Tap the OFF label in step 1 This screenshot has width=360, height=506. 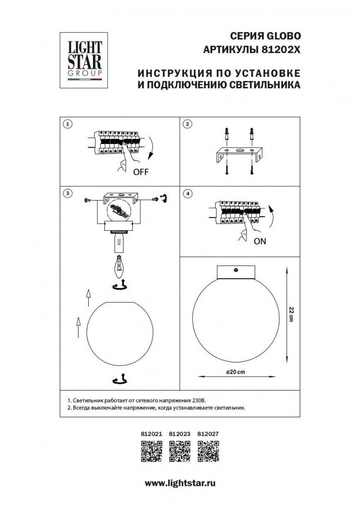[x=141, y=173]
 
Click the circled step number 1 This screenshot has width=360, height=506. [x=68, y=124]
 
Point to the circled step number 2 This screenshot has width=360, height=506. [x=187, y=124]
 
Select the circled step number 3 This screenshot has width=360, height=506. [x=68, y=194]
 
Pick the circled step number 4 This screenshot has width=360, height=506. [x=187, y=194]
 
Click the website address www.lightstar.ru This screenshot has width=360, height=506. [x=180, y=483]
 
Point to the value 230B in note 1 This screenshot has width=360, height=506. [x=205, y=401]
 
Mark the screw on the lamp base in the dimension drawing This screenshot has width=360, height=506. [x=237, y=270]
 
